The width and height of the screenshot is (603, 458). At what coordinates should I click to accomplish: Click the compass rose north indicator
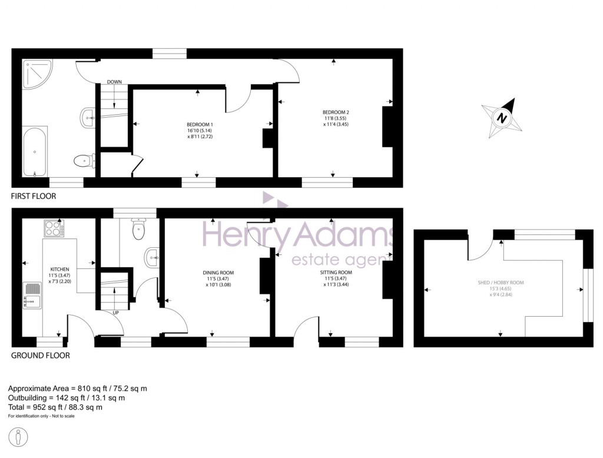(x=502, y=118)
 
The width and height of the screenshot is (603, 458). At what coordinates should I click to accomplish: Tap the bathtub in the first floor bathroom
(x=36, y=151)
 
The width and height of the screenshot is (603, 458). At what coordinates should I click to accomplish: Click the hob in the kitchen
(x=54, y=228)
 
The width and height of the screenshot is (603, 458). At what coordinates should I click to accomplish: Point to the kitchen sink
(x=31, y=295)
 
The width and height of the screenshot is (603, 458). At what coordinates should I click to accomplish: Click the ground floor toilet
(x=139, y=229)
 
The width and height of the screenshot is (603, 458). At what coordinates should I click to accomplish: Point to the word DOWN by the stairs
(x=114, y=82)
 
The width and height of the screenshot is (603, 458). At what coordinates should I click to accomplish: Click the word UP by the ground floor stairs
(x=115, y=313)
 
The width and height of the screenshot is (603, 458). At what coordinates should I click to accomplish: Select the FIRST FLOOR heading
(x=34, y=196)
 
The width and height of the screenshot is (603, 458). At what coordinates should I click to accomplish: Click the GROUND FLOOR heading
(x=40, y=356)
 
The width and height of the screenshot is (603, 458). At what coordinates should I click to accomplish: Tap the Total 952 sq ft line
(x=55, y=407)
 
